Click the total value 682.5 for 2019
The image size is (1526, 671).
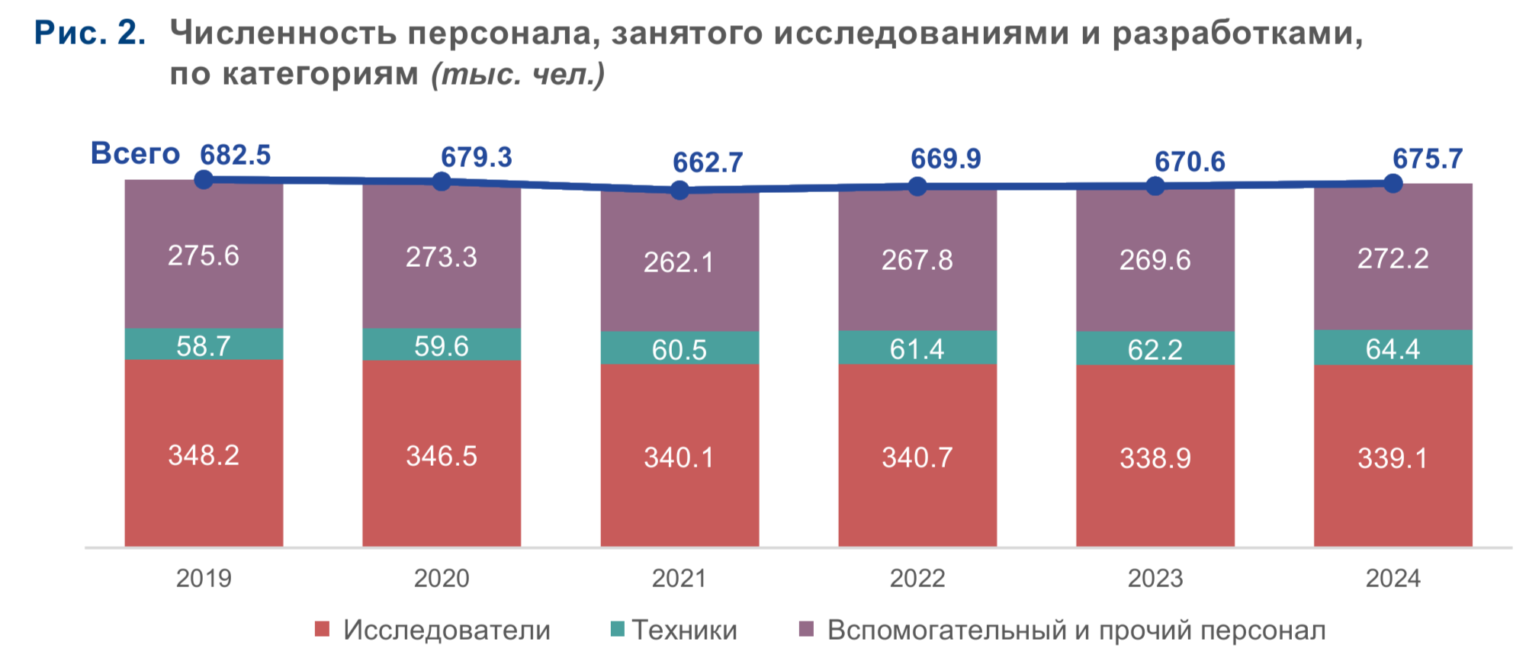pyautogui.click(x=235, y=156)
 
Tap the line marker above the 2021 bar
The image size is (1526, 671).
pyautogui.click(x=679, y=190)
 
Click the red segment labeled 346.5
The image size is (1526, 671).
pyautogui.click(x=442, y=456)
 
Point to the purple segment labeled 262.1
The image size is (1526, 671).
pyautogui.click(x=679, y=262)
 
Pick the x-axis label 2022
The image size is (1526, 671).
pyautogui.click(x=917, y=578)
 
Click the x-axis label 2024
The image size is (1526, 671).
pyautogui.click(x=1393, y=578)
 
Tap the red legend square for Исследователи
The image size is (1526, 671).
pyautogui.click(x=322, y=630)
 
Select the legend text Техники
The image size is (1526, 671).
pyautogui.click(x=684, y=630)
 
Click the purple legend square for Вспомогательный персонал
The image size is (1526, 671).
pyautogui.click(x=806, y=630)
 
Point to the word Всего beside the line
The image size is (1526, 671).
pyautogui.click(x=135, y=153)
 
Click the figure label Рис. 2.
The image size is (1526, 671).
pyautogui.click(x=90, y=33)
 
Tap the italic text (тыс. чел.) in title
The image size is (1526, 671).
pyautogui.click(x=518, y=74)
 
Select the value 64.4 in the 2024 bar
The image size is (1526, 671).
pyautogui.click(x=1393, y=348)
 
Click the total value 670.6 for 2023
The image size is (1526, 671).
pyautogui.click(x=1189, y=162)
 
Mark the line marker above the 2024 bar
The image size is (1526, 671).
pyautogui.click(x=1393, y=183)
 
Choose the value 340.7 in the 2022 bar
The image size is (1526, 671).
pyautogui.click(x=917, y=457)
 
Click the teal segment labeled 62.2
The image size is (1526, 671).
pyautogui.click(x=1155, y=349)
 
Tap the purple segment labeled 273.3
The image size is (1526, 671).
pyautogui.click(x=442, y=257)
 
